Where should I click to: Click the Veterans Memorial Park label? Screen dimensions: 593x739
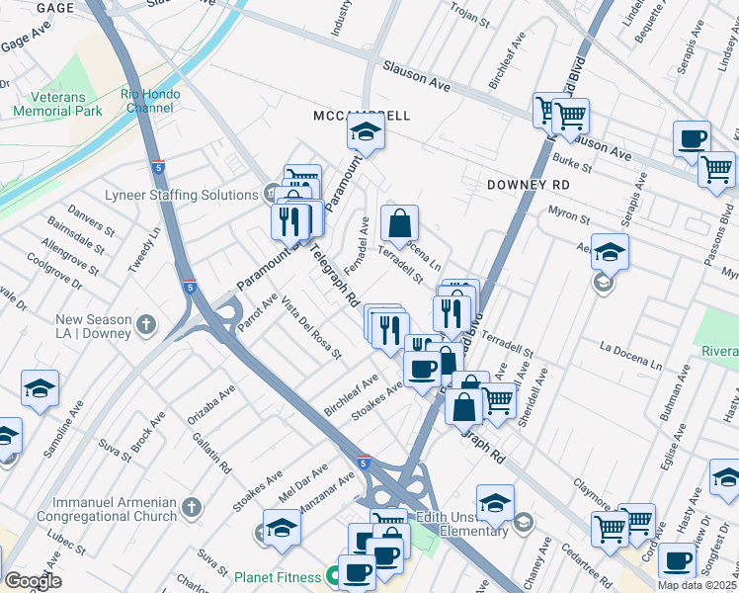[x=57, y=104]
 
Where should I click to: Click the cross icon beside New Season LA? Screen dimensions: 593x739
[x=146, y=325]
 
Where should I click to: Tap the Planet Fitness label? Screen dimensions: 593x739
[x=277, y=576]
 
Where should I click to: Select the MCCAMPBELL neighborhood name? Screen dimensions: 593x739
[x=361, y=116]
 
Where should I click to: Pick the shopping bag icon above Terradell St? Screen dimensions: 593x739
[x=399, y=224]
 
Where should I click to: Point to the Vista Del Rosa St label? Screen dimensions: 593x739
[x=311, y=327]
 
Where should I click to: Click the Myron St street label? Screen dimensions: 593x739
[x=567, y=217]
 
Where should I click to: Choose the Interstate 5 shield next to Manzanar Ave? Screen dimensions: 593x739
[x=364, y=462]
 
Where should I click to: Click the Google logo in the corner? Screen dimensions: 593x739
[x=33, y=580]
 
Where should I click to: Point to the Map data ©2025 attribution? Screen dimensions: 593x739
[x=698, y=585]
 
